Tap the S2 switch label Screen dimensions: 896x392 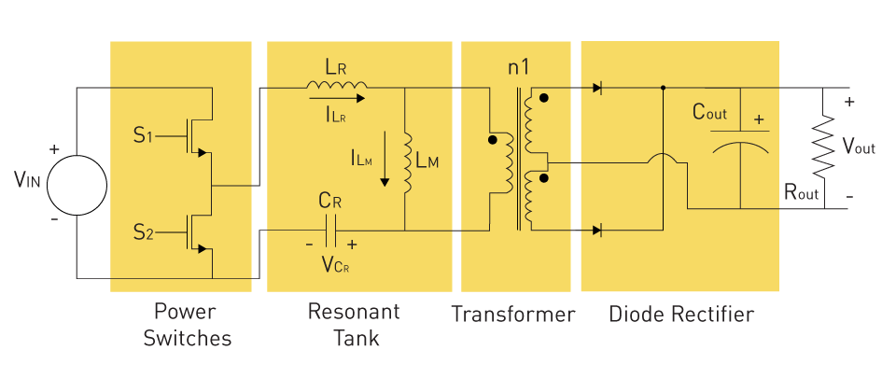(144, 232)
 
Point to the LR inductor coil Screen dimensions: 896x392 (337, 85)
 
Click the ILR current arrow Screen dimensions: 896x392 (337, 98)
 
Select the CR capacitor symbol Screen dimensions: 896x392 (330, 231)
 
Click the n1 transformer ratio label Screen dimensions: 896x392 (518, 67)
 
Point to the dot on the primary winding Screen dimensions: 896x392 (493, 140)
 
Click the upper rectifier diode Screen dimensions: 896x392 (597, 88)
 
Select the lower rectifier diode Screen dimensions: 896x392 (597, 231)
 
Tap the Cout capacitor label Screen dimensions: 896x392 (709, 112)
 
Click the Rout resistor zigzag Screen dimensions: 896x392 (823, 146)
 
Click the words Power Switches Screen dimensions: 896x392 (188, 325)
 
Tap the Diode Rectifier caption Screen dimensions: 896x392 (681, 315)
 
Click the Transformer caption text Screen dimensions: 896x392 (513, 315)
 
